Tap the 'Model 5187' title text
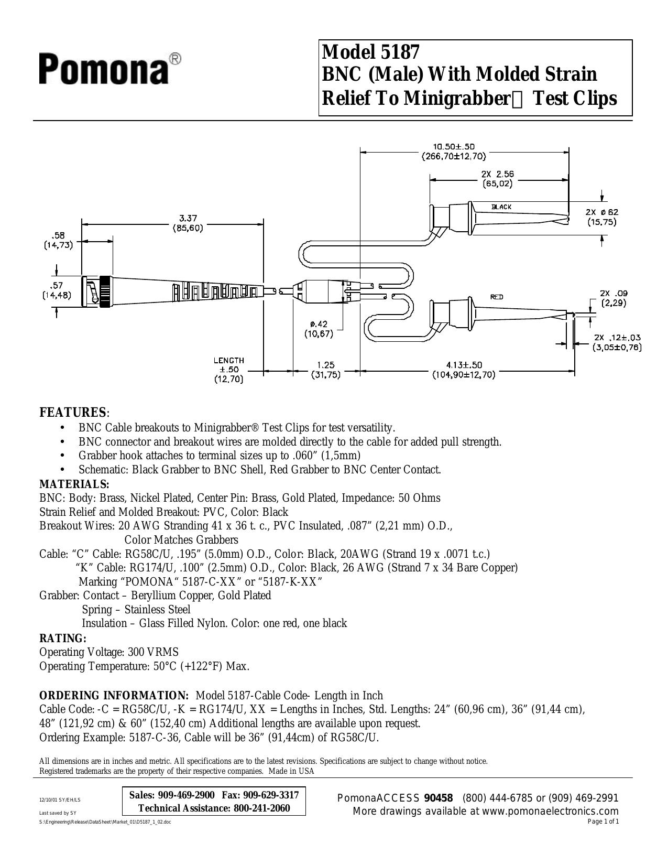370,51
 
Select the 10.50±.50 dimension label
454,147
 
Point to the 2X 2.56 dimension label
497,174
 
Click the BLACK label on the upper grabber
501,207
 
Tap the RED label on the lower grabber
497,297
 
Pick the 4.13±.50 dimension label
464,365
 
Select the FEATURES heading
73,413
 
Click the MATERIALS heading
74,484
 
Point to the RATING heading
62,639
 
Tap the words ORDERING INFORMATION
114,696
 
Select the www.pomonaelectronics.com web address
550,811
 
